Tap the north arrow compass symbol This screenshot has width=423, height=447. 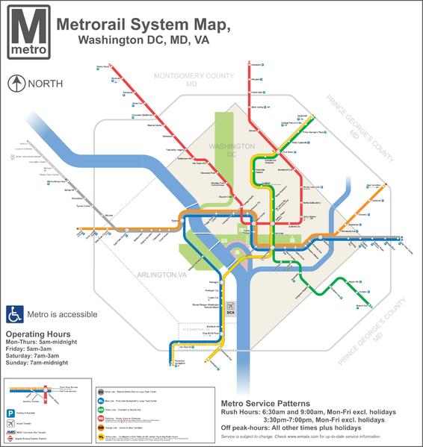[x=16, y=84]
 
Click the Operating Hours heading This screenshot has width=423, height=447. [x=38, y=334]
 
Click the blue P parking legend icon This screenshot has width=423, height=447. [x=10, y=412]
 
